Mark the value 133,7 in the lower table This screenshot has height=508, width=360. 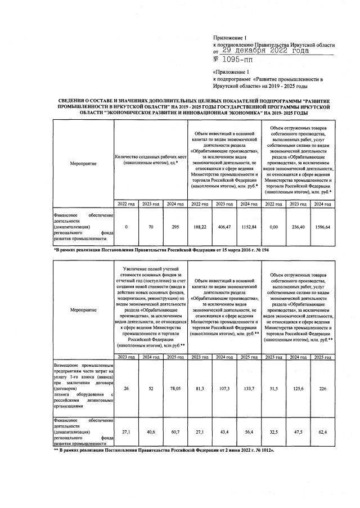coord(249,388)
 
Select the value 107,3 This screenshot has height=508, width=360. coord(224,388)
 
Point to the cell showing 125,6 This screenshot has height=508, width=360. coord(298,388)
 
